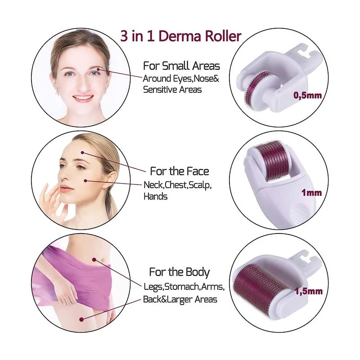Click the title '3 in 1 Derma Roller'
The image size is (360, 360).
[x=181, y=36]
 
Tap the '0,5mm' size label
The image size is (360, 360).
[x=307, y=95]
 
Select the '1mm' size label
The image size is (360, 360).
[x=311, y=193]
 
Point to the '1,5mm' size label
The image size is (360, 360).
[x=309, y=291]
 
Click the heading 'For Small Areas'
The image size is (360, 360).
[x=181, y=66]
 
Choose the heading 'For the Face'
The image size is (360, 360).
[x=180, y=171]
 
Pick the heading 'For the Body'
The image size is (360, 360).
[x=180, y=272]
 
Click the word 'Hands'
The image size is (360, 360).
[x=155, y=197]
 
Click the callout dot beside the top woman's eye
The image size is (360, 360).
[x=98, y=69]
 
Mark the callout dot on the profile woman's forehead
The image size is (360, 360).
[x=82, y=153]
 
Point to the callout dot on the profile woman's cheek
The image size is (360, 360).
[x=85, y=181]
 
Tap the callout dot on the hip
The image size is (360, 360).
[x=94, y=260]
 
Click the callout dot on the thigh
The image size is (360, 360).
[x=81, y=319]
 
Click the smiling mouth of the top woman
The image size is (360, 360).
[x=83, y=98]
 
